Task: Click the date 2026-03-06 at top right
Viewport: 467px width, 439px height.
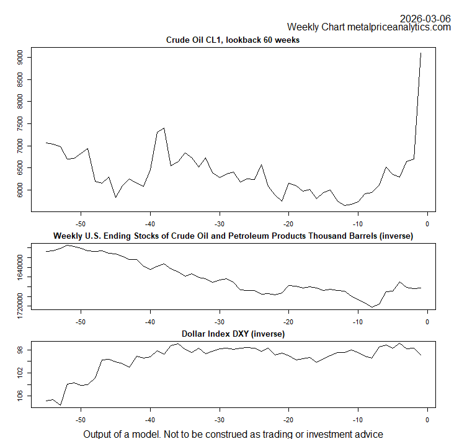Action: [425, 18]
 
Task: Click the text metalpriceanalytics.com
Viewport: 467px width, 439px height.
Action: [399, 27]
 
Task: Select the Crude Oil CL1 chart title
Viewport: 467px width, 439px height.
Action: [233, 40]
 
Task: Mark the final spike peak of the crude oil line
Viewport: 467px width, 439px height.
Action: [421, 53]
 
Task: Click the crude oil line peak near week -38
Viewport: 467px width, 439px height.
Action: [164, 128]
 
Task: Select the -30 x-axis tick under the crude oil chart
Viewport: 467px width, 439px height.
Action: [219, 223]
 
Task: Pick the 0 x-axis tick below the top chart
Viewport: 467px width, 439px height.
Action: [427, 223]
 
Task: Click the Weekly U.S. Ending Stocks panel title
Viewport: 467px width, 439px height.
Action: [233, 236]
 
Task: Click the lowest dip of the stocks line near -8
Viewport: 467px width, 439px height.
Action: [372, 307]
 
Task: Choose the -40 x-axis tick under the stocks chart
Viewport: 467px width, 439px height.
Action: [150, 321]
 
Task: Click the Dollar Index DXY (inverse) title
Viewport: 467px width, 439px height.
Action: [233, 334]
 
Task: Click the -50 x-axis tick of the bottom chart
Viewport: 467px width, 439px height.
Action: [81, 420]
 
